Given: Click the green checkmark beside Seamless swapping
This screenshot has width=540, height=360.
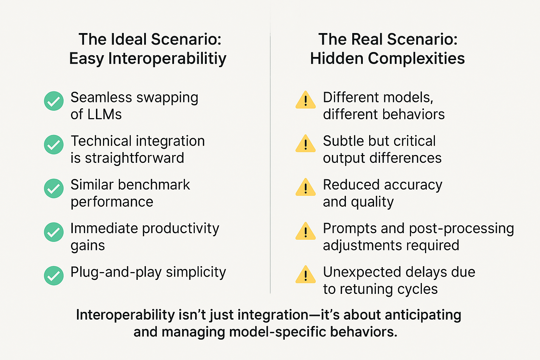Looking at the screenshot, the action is pyautogui.click(x=54, y=101).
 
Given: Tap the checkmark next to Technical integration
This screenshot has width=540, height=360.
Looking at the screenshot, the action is pyautogui.click(x=54, y=144).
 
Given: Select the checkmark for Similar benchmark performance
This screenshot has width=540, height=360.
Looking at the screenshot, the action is pyautogui.click(x=54, y=188).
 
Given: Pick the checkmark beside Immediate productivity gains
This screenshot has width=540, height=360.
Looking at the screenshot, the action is pyautogui.click(x=54, y=232).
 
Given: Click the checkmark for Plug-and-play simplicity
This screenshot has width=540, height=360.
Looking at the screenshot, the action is pyautogui.click(x=54, y=276).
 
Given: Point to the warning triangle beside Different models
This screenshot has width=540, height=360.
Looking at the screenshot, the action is pyautogui.click(x=306, y=100).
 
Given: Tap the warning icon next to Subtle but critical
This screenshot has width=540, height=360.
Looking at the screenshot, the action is pyautogui.click(x=306, y=144).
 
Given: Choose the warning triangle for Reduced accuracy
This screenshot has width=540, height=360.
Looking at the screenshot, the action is pyautogui.click(x=306, y=187).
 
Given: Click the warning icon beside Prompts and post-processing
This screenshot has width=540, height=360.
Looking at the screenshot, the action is pyautogui.click(x=306, y=231).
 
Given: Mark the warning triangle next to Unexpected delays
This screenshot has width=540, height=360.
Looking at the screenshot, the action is pyautogui.click(x=306, y=275).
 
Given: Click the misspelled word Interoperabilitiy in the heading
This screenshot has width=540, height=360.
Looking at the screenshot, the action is pyautogui.click(x=167, y=59).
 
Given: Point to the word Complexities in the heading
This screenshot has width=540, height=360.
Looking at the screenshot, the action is pyautogui.click(x=416, y=59).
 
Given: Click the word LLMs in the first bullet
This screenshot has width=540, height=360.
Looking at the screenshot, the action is pyautogui.click(x=104, y=114).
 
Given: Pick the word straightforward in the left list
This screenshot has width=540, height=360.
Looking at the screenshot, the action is pyautogui.click(x=135, y=158).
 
